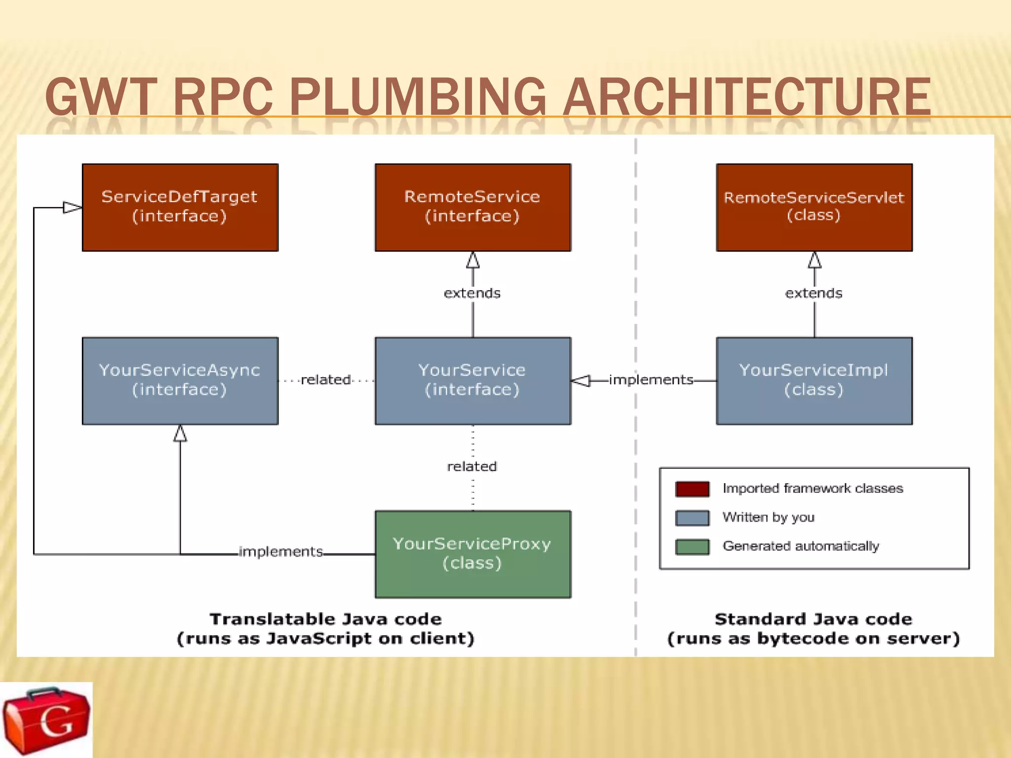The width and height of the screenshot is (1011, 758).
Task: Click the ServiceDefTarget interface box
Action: [x=180, y=207]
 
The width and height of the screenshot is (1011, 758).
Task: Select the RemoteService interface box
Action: [x=472, y=207]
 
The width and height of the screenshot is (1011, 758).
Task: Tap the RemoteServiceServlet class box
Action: [x=814, y=207]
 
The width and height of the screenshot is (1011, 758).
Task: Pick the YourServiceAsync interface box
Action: [x=180, y=380]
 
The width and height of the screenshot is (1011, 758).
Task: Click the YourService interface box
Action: [x=472, y=380]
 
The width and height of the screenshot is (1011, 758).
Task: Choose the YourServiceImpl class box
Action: [x=814, y=380]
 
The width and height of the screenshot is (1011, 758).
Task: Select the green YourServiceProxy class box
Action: [x=472, y=554]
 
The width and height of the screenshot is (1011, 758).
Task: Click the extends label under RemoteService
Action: [x=472, y=293]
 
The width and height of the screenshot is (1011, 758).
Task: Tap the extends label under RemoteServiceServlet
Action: [x=814, y=293]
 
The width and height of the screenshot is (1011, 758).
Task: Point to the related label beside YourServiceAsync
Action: [x=326, y=379]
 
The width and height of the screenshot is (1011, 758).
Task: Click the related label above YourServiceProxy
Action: [x=472, y=466]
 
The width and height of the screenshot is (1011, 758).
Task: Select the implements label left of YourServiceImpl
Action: [x=651, y=379]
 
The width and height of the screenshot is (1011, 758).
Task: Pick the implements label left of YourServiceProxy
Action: [x=280, y=551]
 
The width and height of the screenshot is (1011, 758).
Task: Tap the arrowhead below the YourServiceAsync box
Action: [x=180, y=433]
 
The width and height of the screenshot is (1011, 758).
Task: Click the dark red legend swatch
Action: [x=692, y=489]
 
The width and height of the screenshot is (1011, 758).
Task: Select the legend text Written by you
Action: [x=768, y=517]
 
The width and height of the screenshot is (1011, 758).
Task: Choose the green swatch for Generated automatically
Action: [x=692, y=546]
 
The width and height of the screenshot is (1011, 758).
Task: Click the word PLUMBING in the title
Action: [x=417, y=97]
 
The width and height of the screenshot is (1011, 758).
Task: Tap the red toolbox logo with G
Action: [x=46, y=720]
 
